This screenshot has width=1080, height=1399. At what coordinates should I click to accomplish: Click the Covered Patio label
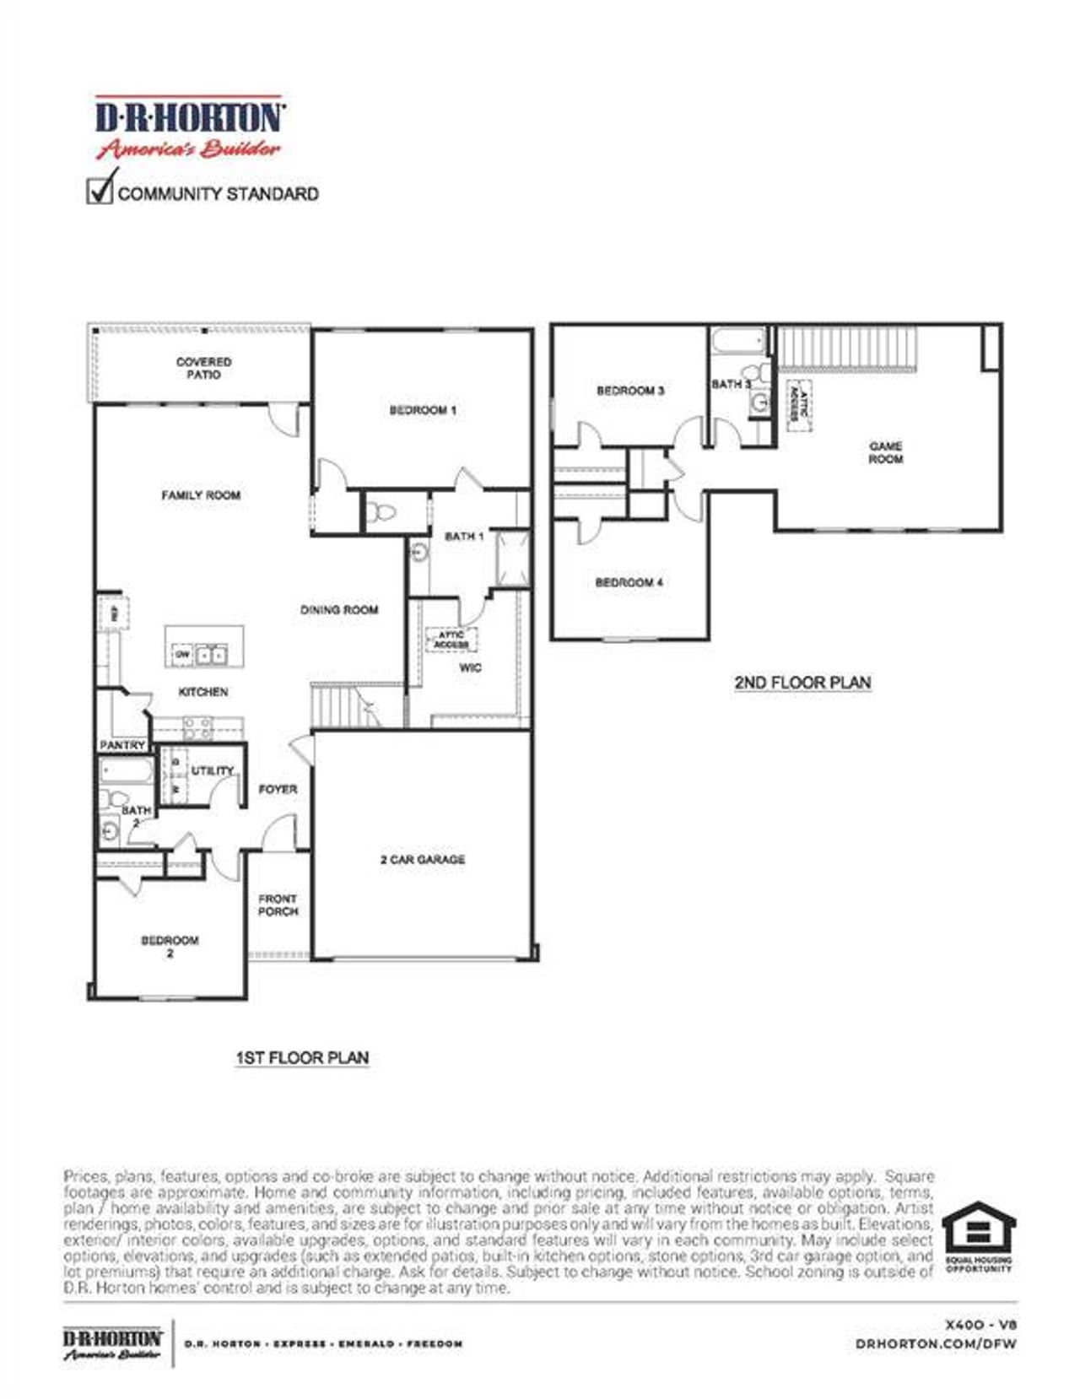(203, 368)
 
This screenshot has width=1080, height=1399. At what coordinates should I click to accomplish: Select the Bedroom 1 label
(423, 410)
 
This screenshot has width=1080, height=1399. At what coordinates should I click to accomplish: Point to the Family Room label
(201, 495)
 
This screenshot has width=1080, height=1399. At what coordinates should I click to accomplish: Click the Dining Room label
(339, 609)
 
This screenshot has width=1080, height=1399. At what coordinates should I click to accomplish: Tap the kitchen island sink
(211, 654)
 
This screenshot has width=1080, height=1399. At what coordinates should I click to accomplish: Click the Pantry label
(122, 745)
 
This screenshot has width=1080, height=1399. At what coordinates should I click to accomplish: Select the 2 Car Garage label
(422, 859)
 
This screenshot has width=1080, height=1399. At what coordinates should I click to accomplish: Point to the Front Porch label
(278, 905)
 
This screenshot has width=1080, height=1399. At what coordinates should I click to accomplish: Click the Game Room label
(886, 452)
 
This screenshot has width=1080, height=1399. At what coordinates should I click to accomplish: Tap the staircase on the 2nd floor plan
(846, 348)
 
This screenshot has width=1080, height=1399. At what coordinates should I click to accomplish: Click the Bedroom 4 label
(629, 582)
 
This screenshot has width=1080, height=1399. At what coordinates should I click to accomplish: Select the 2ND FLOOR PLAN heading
(802, 682)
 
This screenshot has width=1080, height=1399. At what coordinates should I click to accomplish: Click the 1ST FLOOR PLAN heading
(301, 1057)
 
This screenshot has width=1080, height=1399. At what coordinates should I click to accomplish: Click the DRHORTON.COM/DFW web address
(936, 1343)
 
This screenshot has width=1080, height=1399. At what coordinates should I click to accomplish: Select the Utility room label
(212, 770)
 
